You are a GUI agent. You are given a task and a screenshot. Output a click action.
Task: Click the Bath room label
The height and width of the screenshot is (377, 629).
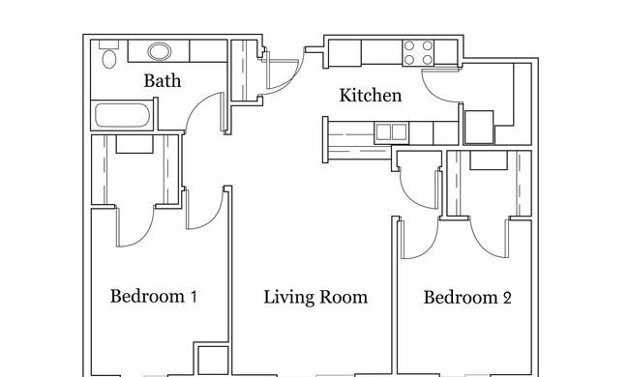pyautogui.click(x=162, y=80)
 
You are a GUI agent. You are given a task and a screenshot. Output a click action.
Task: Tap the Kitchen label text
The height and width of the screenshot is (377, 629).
pyautogui.click(x=371, y=96)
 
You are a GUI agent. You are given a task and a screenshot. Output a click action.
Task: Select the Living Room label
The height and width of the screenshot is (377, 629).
pyautogui.click(x=315, y=298)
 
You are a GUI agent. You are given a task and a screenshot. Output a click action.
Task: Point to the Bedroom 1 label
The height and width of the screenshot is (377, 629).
pyautogui.click(x=154, y=297)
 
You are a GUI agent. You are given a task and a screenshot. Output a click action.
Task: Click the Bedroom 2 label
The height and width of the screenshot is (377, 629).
pyautogui.click(x=467, y=298)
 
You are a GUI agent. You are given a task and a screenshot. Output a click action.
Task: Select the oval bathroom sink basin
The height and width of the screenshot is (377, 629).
pyautogui.click(x=160, y=51)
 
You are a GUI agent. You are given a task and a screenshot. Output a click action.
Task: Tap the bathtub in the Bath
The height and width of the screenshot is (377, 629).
pyautogui.click(x=122, y=115)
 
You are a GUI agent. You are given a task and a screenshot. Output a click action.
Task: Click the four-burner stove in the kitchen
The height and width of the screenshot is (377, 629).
pyautogui.click(x=418, y=52)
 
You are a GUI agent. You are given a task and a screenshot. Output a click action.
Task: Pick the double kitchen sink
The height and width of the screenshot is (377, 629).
pyautogui.click(x=392, y=132)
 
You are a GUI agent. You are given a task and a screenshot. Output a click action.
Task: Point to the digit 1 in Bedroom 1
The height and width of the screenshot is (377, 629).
pyautogui.click(x=194, y=297)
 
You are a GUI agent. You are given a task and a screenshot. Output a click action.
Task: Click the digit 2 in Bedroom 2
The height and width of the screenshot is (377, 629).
pyautogui.click(x=507, y=298)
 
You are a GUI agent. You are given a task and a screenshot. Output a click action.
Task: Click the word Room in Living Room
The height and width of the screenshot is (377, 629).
pyautogui.click(x=343, y=298)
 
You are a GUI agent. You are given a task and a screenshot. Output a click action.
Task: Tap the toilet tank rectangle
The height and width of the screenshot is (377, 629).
pyautogui.click(x=108, y=44)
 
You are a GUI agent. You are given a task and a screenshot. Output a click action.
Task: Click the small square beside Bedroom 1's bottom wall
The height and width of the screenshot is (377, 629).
pyautogui.click(x=213, y=361)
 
